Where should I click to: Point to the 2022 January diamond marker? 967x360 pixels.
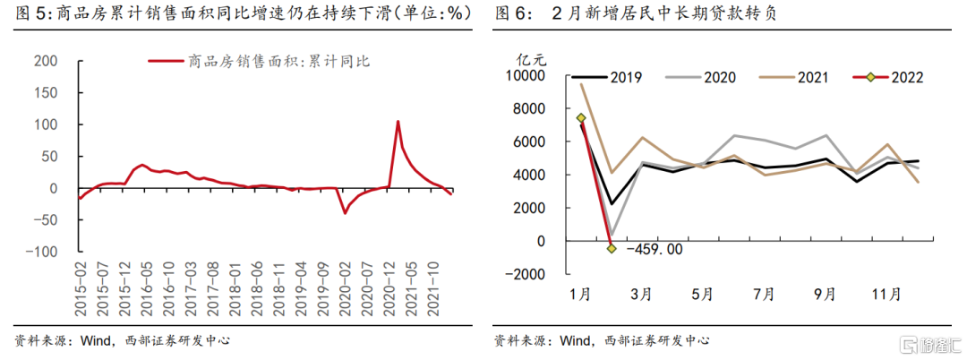pyautogui.click(x=581, y=117)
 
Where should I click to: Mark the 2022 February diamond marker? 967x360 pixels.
pyautogui.click(x=612, y=248)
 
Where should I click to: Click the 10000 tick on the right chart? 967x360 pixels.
pyautogui.click(x=536, y=77)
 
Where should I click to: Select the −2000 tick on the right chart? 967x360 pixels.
pyautogui.click(x=534, y=274)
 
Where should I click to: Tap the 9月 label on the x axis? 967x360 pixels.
pyautogui.click(x=825, y=295)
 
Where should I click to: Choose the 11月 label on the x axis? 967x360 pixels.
pyautogui.click(x=886, y=295)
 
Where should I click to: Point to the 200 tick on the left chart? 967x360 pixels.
pyautogui.click(x=47, y=61)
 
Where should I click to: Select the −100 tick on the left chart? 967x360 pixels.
pyautogui.click(x=42, y=252)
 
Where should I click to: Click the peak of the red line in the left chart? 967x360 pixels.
pyautogui.click(x=398, y=121)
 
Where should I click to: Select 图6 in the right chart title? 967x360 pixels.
pyautogui.click(x=513, y=14)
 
